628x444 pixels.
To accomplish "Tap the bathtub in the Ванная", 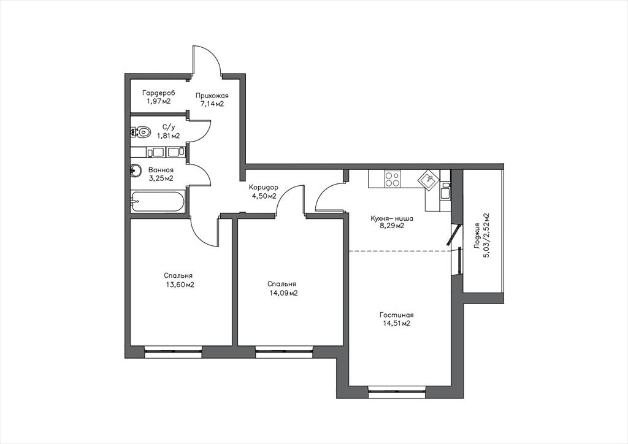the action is [x=158, y=202].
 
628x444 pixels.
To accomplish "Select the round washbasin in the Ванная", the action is [x=136, y=171].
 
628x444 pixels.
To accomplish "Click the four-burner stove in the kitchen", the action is [x=392, y=178].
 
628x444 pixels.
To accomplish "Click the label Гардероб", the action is [x=159, y=93].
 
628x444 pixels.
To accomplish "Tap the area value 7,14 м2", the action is [x=212, y=104].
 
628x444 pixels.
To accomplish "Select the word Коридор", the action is [x=264, y=188].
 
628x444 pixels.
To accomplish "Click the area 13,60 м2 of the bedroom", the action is [x=180, y=285].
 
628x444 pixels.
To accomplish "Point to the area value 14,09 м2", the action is [x=283, y=293].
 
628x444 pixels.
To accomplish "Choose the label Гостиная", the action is [x=396, y=315].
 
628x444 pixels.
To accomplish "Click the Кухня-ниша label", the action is [x=392, y=219].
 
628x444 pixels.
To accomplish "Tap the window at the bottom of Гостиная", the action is [x=397, y=391].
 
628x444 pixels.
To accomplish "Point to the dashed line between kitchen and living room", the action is [x=400, y=251].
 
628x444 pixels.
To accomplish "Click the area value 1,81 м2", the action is [x=168, y=136].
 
